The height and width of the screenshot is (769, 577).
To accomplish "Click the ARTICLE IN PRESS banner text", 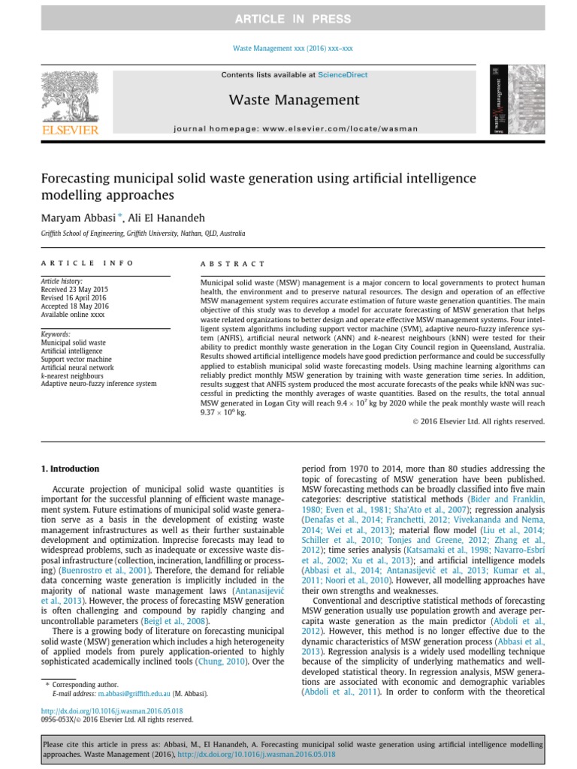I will pyautogui.click(x=288, y=19).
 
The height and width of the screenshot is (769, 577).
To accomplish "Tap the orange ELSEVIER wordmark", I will pyautogui.click(x=68, y=130).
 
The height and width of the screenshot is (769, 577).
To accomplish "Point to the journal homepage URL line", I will pyautogui.click(x=295, y=128).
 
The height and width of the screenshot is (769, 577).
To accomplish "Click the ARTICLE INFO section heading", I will pyautogui.click(x=87, y=264).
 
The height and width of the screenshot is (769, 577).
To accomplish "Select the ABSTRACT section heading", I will pyautogui.click(x=232, y=264).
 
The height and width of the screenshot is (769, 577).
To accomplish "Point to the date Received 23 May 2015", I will pyautogui.click(x=74, y=289).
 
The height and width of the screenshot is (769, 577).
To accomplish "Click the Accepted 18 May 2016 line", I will pyautogui.click(x=74, y=306).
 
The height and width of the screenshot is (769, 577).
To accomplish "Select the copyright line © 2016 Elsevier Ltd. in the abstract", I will pyautogui.click(x=479, y=421).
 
